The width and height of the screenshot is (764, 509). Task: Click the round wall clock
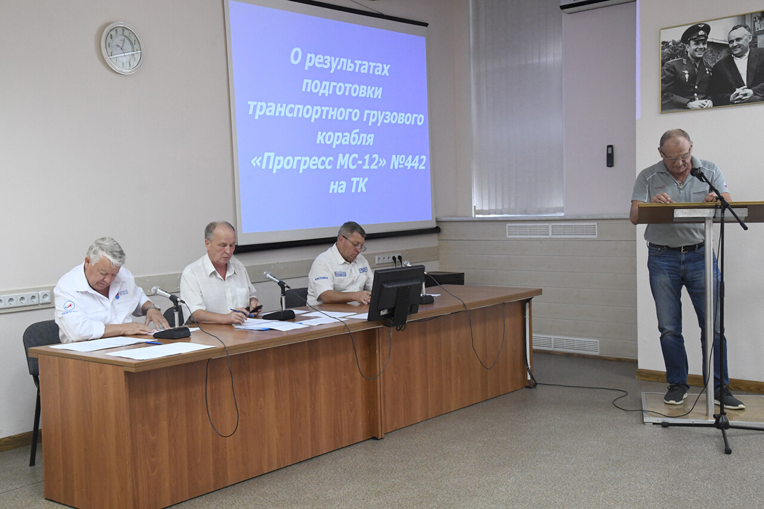tap(122, 48)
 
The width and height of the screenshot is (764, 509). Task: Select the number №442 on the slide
tap(408, 163)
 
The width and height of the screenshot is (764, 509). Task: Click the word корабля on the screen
tap(345, 138)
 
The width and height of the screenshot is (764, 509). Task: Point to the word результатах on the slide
tap(347, 66)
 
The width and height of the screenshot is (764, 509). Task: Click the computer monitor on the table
tap(395, 294)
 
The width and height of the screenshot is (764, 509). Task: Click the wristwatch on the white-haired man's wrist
tap(153, 308)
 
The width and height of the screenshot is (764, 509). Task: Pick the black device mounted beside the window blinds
tap(610, 156)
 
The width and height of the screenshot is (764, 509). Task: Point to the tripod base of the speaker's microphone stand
tap(720, 424)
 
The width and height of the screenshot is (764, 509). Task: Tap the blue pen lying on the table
tap(153, 342)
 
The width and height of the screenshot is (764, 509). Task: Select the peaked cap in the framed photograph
tap(695, 33)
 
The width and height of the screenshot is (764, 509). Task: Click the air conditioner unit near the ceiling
tap(596, 6)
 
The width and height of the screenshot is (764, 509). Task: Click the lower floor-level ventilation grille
tap(565, 344)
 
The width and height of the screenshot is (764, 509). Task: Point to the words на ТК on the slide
tap(347, 186)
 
